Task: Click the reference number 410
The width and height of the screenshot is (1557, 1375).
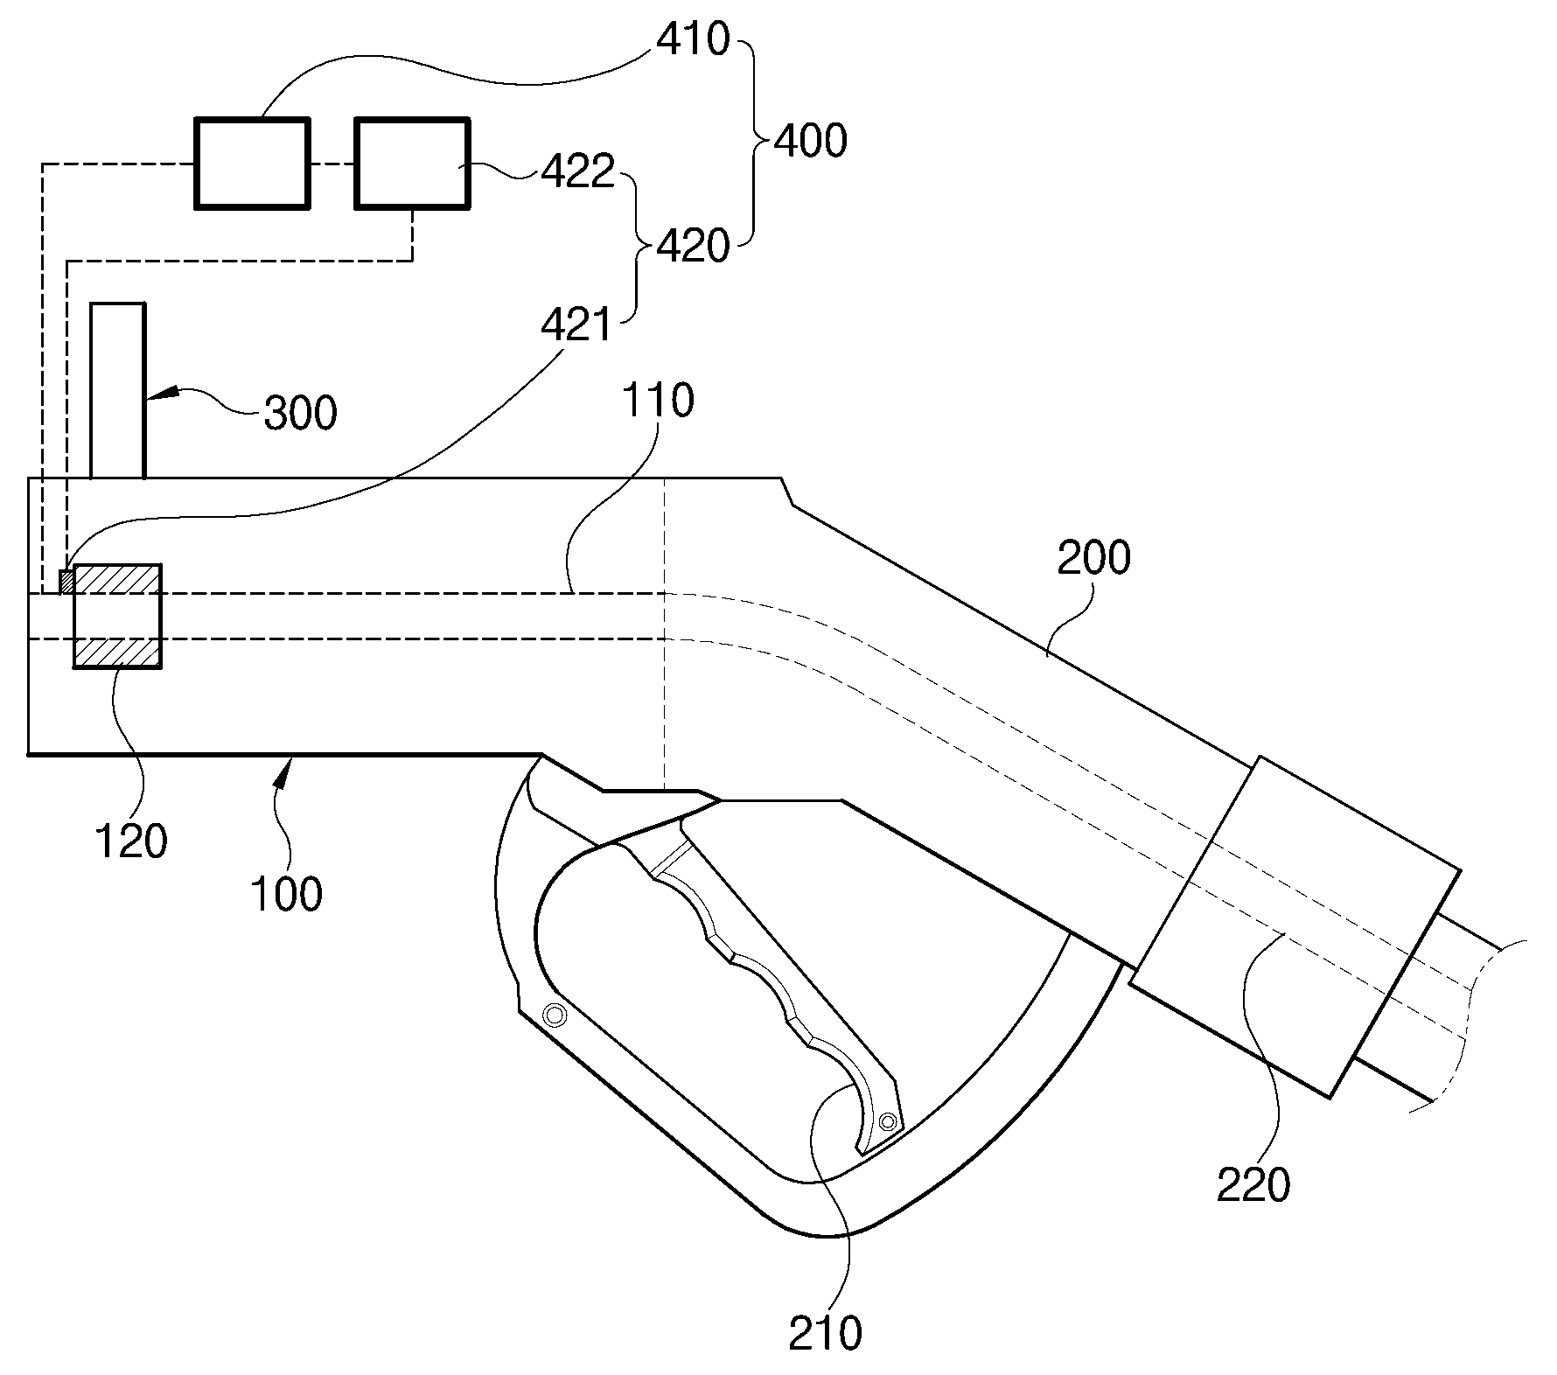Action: [x=692, y=39]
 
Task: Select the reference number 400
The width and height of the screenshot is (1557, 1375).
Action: [x=811, y=141]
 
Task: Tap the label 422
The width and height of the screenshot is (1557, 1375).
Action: [x=577, y=172]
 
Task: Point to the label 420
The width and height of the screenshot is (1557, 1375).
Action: [x=692, y=248]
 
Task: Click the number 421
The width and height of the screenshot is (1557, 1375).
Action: [x=576, y=326]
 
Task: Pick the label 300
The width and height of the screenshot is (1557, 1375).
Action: [x=300, y=412]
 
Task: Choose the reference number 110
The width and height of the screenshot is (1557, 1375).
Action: [x=657, y=401]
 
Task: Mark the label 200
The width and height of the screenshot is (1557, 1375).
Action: [x=1093, y=557]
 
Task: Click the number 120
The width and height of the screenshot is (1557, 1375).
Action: [x=130, y=841]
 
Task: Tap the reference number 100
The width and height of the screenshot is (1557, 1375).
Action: [x=286, y=895]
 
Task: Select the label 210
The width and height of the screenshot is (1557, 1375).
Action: [x=825, y=1334]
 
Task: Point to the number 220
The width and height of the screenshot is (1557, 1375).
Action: [x=1253, y=1185]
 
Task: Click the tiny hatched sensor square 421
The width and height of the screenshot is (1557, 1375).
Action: [x=66, y=582]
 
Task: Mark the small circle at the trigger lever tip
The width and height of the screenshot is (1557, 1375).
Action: [x=889, y=1121]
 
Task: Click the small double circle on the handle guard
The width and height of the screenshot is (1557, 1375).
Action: [x=553, y=1015]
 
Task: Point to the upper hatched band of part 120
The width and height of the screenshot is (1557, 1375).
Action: [x=117, y=579]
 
